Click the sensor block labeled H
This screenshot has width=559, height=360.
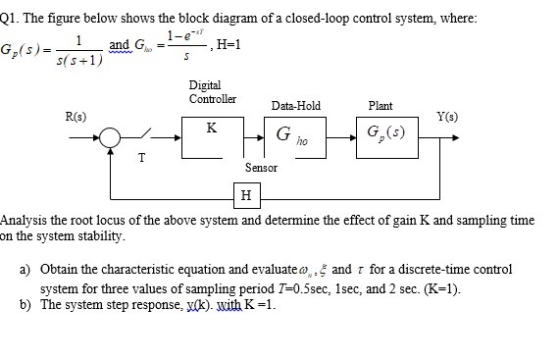tap(245, 195)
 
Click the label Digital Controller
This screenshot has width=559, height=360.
tap(212, 93)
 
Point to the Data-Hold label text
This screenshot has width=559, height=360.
tap(296, 106)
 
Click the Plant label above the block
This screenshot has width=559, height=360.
tap(381, 106)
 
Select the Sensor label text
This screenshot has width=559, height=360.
tap(260, 168)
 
